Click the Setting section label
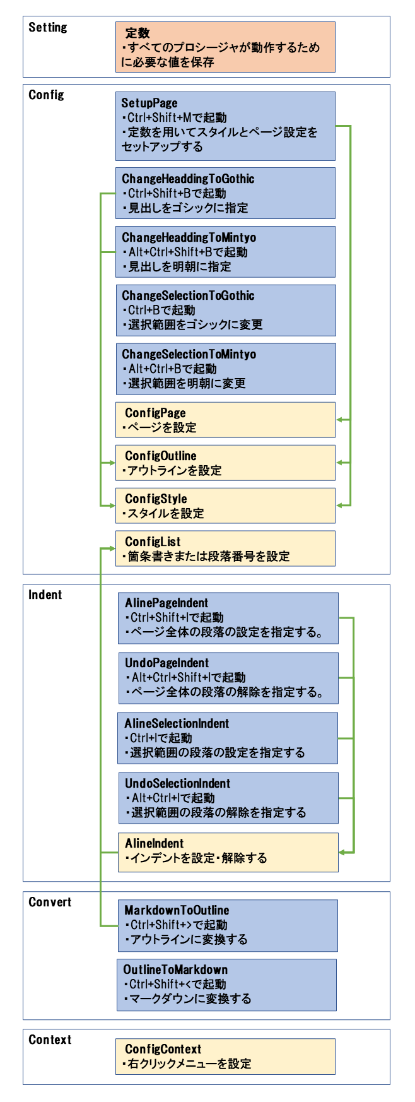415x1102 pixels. click(48, 27)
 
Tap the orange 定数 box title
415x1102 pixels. click(137, 33)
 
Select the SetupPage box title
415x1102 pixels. click(149, 103)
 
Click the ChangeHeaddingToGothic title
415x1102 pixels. click(188, 179)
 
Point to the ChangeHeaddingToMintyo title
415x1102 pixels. click(189, 237)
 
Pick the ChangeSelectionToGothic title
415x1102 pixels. click(188, 295)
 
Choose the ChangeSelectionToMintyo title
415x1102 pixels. click(189, 354)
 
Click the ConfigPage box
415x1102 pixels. click(225, 420)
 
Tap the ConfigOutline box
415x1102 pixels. click(225, 463)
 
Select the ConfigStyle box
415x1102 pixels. click(225, 506)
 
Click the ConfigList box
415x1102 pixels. click(225, 548)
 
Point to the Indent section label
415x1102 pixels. click(45, 595)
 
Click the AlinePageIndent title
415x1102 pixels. click(167, 603)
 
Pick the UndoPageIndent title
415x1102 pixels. click(167, 663)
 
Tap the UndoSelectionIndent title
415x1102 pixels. click(177, 783)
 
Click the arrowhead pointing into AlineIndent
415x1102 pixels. click(342, 853)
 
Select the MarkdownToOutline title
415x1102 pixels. click(177, 910)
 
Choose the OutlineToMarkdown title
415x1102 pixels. click(175, 969)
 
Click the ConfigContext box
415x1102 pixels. click(225, 1057)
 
